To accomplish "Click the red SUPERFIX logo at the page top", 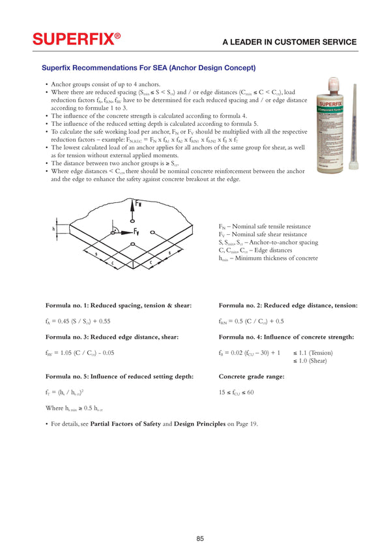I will coord(78,40).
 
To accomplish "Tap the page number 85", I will coord(200,538).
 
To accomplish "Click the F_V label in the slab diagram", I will coord(136,232).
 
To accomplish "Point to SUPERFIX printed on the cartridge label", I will coord(332,104).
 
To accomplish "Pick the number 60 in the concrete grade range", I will coord(250,392).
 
